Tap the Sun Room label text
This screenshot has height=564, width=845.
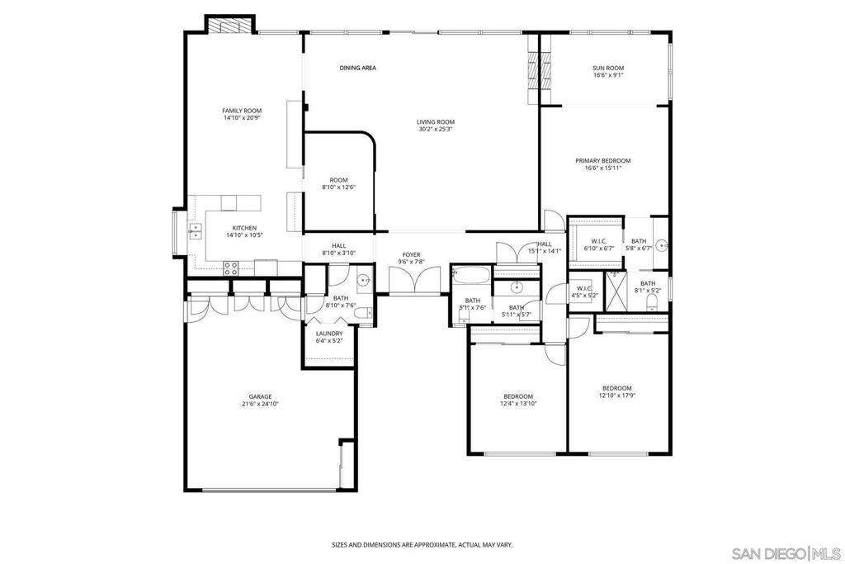608,68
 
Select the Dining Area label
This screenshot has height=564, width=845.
357,68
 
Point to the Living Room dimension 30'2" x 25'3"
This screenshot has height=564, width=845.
436,129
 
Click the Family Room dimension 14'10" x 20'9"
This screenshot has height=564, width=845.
242,118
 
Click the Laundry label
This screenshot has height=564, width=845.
329,333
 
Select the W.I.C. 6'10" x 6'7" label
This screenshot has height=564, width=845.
599,241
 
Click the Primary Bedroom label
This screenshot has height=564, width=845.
603,160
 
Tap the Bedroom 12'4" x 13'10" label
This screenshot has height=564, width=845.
517,396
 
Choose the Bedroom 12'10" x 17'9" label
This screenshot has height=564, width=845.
616,388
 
